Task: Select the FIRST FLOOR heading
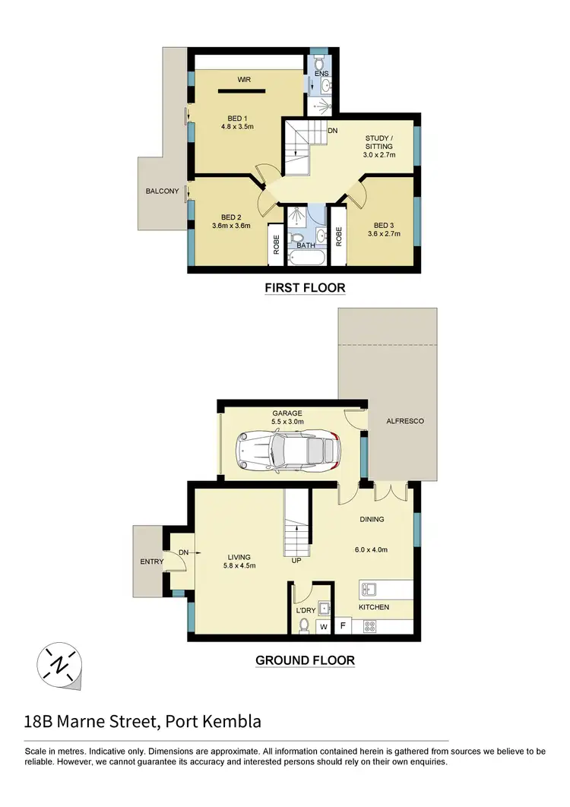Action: coord(305,288)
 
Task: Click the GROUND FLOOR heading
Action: coord(305,660)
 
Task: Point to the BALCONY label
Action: coord(162,191)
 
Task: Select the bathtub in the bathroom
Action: coord(306,258)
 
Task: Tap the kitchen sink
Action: coord(369,590)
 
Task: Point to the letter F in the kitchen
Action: coord(342,627)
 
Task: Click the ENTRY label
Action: coord(152,562)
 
